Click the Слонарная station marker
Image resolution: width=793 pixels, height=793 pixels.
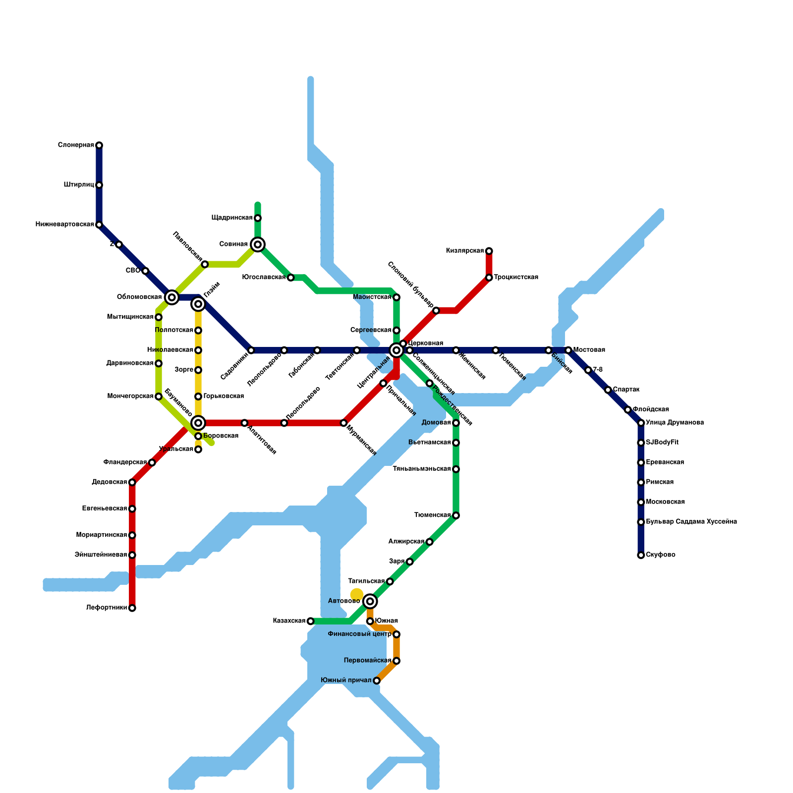pos(99,145)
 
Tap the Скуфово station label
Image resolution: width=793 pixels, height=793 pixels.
pos(661,555)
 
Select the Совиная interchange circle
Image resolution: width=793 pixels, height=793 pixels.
pos(258,244)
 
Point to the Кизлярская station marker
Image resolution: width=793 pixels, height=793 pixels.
pos(489,251)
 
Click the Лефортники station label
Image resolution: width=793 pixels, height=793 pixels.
pos(106,608)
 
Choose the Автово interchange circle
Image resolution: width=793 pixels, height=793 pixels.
pos(370,601)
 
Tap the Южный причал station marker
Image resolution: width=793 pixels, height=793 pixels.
pos(377,680)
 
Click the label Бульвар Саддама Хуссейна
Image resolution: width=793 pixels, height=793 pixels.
pos(691,522)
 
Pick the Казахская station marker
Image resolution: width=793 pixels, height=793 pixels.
pos(310,621)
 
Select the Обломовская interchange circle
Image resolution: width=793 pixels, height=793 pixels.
pos(172,297)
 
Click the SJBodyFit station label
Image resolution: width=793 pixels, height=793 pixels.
pos(662,443)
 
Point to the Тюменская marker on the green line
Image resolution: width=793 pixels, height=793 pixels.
pos(456,515)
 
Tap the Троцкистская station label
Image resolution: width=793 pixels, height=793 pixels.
pos(516,278)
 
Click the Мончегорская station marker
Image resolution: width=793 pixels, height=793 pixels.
pos(159,396)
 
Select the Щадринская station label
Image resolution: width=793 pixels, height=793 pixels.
pos(232,218)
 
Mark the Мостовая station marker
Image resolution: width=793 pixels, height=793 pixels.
pos(568,350)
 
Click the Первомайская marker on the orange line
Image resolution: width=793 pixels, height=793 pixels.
pos(396,661)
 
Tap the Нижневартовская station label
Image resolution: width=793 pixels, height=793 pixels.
pos(64,225)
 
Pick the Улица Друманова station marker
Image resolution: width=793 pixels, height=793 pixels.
pos(641,423)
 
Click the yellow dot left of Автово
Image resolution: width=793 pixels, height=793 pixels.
pos(357,594)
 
